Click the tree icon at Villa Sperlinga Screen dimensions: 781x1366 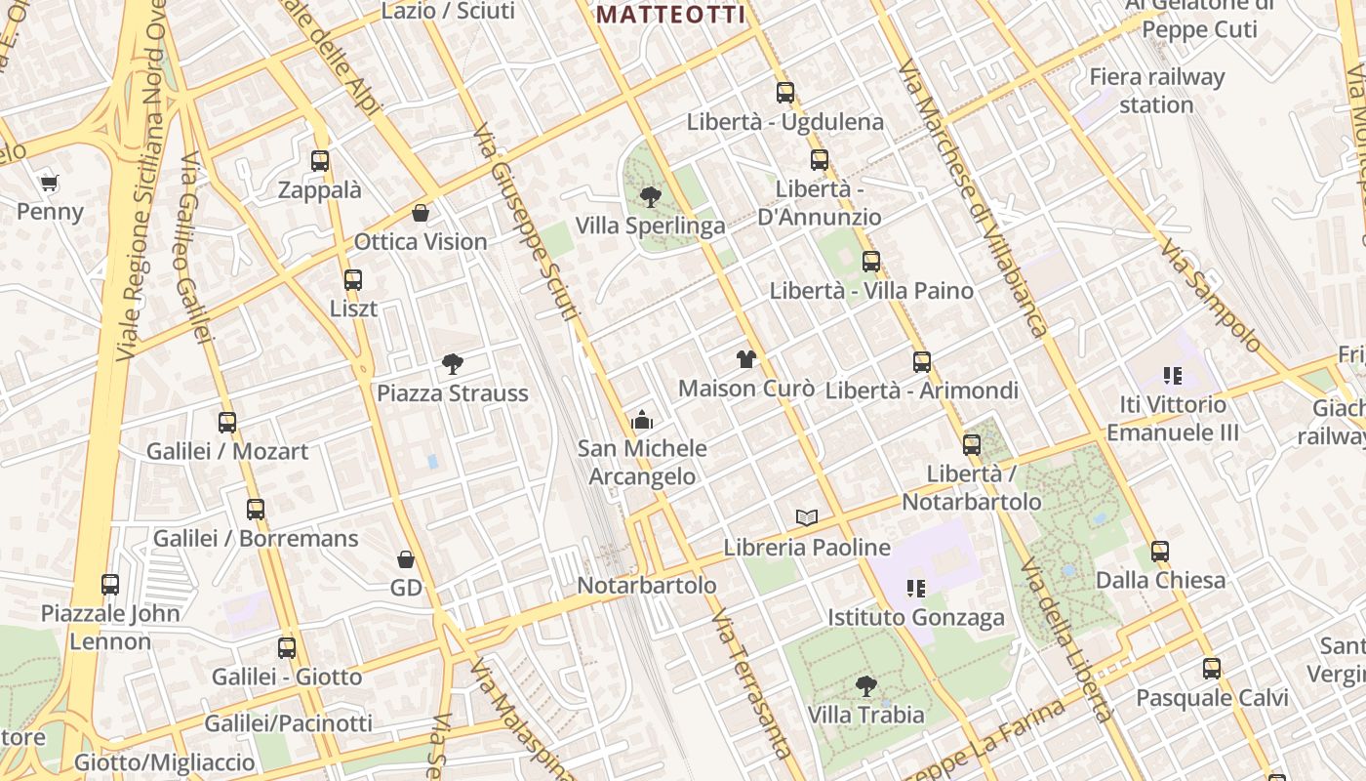click(650, 197)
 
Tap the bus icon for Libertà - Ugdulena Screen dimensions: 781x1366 click(785, 93)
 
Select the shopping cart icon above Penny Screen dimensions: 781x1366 click(50, 183)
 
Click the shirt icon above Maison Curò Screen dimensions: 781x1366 click(746, 359)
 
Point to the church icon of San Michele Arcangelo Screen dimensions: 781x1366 click(642, 420)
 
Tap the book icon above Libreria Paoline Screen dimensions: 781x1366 click(807, 517)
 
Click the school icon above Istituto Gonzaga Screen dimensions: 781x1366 click(915, 588)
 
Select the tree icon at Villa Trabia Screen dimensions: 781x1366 click(865, 686)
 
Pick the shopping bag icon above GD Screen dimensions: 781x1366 click(406, 559)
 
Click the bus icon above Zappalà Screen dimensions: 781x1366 click(320, 161)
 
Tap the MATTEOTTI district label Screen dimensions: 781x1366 click(670, 15)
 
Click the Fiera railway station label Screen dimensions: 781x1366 click(1157, 90)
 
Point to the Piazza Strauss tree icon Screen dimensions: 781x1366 click(452, 364)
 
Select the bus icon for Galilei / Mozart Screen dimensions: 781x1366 click(227, 423)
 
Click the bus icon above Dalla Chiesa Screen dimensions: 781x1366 click(1159, 552)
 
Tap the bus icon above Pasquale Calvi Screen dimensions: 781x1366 click(1212, 669)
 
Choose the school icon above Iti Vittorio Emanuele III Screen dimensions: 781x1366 click(1173, 375)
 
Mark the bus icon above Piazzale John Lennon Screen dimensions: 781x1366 click(110, 585)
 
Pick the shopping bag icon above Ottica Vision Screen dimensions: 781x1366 click(421, 213)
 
